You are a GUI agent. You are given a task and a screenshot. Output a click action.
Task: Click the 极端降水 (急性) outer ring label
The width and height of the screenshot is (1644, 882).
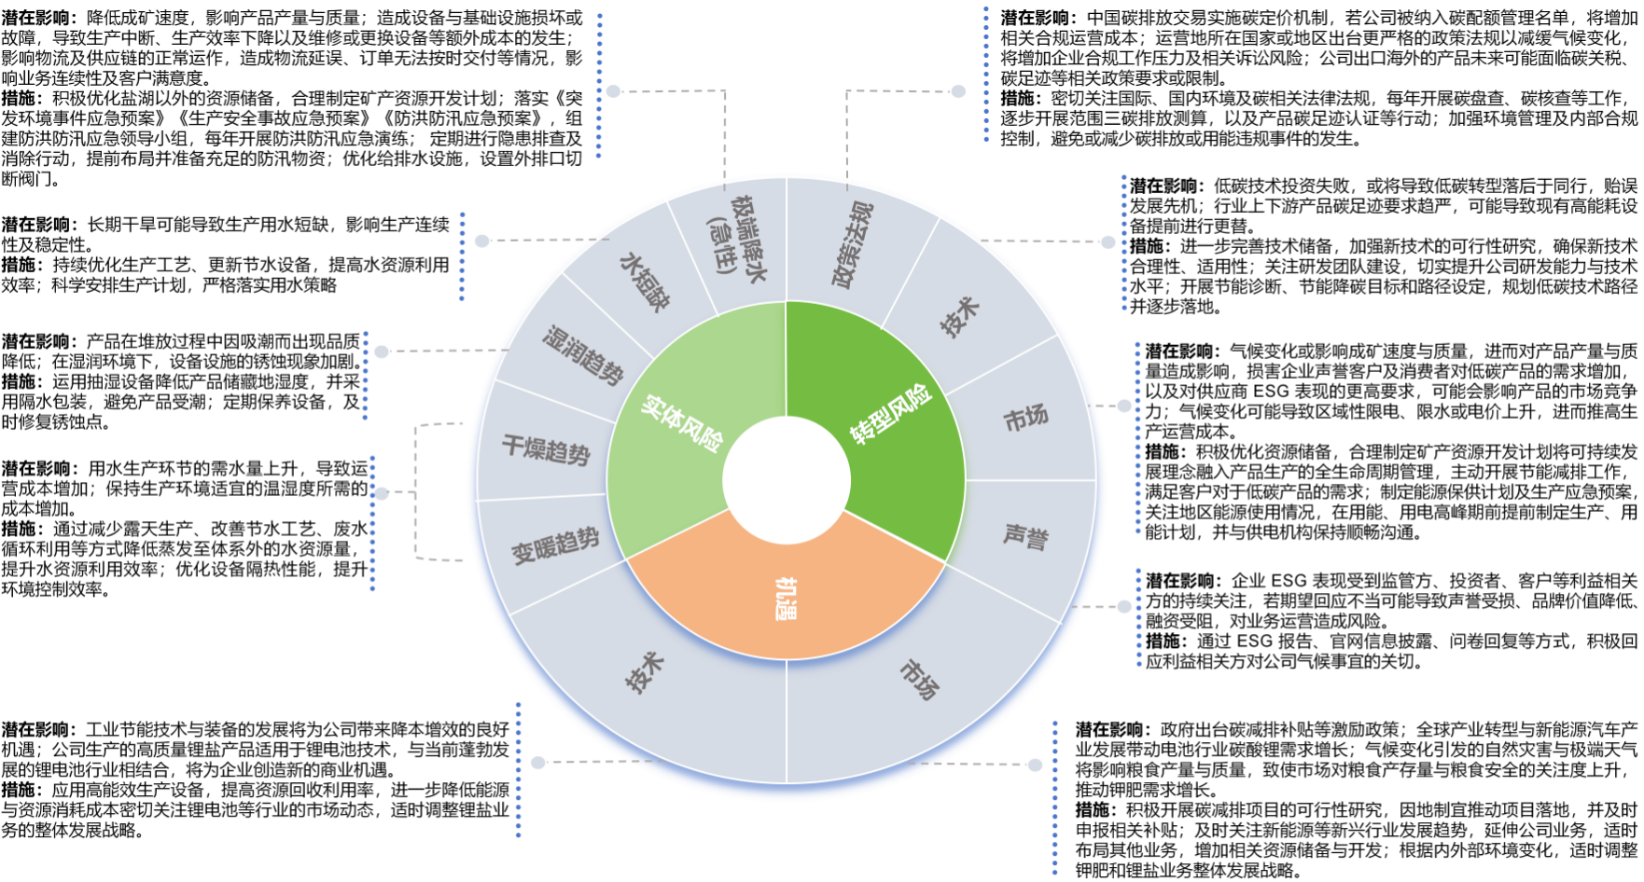pos(736,244)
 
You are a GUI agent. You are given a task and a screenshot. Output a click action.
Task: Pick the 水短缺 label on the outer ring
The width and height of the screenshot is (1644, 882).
pos(645,281)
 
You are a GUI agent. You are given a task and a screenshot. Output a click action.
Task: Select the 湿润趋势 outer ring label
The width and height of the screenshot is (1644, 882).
pos(582,355)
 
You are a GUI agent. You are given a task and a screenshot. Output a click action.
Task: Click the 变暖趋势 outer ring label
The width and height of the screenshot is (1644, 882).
pos(555,546)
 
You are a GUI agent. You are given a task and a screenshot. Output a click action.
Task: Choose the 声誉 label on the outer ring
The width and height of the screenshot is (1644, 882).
pos(1025,536)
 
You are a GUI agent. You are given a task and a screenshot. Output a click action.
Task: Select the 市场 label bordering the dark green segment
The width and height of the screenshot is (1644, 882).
pos(1025,419)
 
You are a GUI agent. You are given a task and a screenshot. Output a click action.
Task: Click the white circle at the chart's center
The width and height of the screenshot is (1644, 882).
pos(787,481)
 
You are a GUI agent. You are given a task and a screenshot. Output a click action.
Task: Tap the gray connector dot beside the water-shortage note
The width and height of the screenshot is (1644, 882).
pos(481,241)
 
